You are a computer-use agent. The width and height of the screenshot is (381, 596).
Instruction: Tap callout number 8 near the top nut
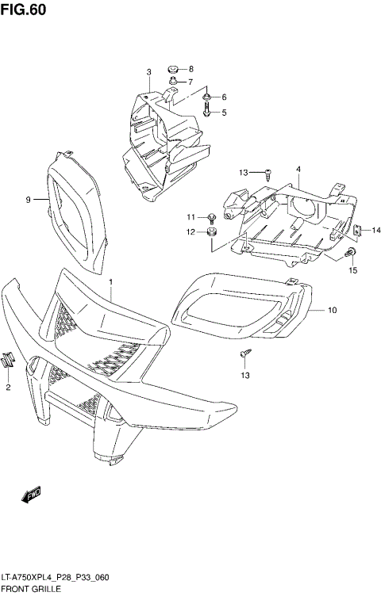[190, 69]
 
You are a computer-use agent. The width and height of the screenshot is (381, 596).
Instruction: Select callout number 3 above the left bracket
[148, 73]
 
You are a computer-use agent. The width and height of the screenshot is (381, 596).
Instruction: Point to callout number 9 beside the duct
[27, 200]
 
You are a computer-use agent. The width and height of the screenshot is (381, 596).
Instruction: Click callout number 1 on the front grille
[111, 281]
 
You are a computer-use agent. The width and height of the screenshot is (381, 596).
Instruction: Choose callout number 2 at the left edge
[8, 387]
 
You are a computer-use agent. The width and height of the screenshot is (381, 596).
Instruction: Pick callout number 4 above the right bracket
[298, 169]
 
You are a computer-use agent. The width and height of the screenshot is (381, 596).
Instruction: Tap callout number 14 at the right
[376, 231]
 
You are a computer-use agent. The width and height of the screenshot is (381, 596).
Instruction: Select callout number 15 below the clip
[353, 270]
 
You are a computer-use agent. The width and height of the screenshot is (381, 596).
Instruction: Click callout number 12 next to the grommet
[190, 232]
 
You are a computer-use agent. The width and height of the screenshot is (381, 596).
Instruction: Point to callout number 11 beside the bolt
[190, 216]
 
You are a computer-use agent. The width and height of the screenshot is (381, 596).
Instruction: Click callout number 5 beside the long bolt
[224, 113]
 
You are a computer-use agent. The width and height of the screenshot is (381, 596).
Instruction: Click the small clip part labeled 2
[7, 359]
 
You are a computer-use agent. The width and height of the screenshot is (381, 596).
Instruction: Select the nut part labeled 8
[174, 69]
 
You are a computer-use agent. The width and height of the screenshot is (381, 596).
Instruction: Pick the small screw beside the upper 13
[270, 173]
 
